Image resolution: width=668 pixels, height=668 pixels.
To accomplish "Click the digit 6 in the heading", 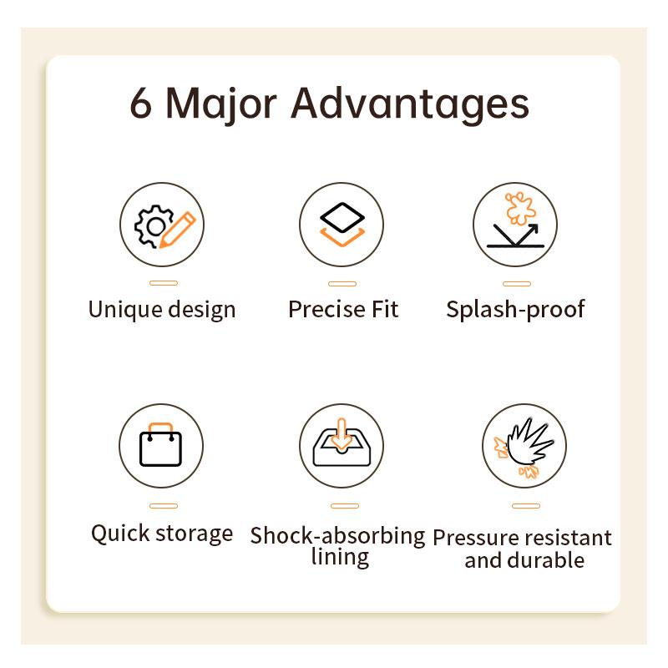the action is pyautogui.click(x=141, y=103).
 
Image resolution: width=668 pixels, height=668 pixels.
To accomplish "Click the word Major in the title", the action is pyautogui.click(x=221, y=106).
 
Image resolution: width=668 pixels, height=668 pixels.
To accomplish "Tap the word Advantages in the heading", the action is pyautogui.click(x=410, y=105).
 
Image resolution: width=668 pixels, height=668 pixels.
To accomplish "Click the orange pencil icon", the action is pyautogui.click(x=177, y=230).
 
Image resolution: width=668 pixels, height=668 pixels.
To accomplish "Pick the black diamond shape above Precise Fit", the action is pyautogui.click(x=342, y=217).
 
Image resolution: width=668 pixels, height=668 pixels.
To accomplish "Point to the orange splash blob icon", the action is pyautogui.click(x=519, y=208).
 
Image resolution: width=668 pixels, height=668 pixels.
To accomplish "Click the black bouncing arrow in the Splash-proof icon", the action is pyautogui.click(x=516, y=235).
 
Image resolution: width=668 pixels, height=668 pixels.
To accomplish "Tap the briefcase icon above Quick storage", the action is pyautogui.click(x=161, y=444).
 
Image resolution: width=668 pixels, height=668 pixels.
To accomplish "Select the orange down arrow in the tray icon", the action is pyautogui.click(x=342, y=434).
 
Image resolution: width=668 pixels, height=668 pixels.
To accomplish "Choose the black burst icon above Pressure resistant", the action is pyautogui.click(x=530, y=442).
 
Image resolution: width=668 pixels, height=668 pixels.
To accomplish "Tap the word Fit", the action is pyautogui.click(x=385, y=309).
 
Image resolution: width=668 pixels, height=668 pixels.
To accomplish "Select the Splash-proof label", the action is pyautogui.click(x=515, y=309).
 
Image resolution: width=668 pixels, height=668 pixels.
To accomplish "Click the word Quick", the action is pyautogui.click(x=120, y=534).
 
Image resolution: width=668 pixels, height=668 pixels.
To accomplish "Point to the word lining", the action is pyautogui.click(x=340, y=557).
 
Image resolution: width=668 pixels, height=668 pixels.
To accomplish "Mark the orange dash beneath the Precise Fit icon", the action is pyautogui.click(x=342, y=284).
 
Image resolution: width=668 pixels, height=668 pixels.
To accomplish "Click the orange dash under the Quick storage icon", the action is pyautogui.click(x=164, y=506).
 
